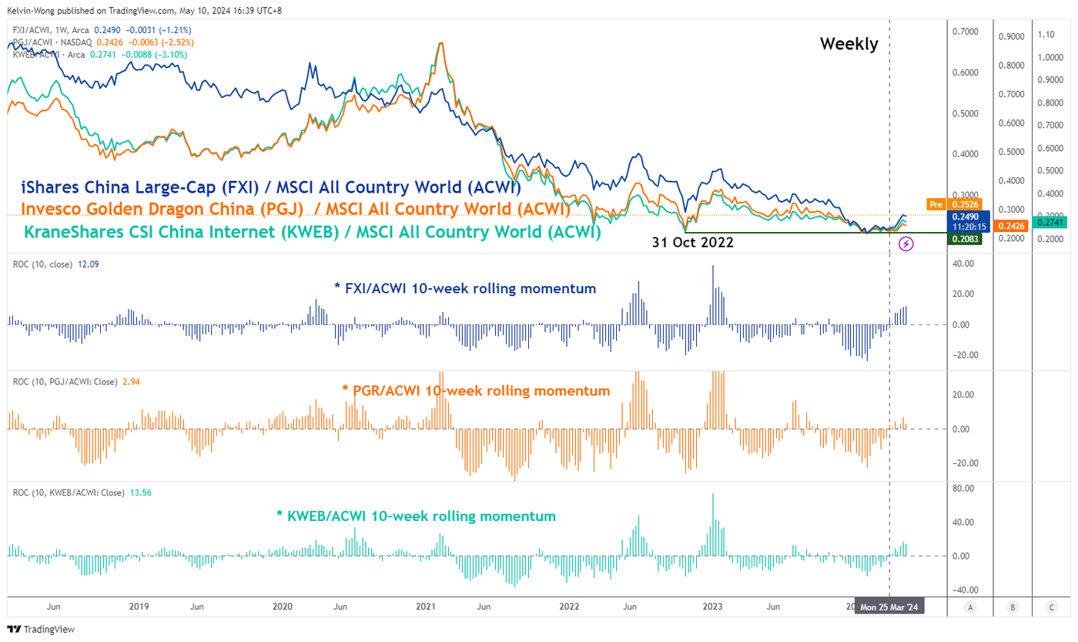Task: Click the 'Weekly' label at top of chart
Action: pyautogui.click(x=849, y=44)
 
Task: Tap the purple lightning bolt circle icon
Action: pyautogui.click(x=906, y=244)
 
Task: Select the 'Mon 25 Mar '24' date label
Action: pyautogui.click(x=889, y=607)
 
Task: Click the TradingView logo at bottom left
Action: pyautogui.click(x=42, y=629)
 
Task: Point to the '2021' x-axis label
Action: pyautogui.click(x=426, y=607)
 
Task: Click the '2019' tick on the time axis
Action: pyautogui.click(x=139, y=607)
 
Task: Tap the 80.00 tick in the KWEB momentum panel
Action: pyautogui.click(x=964, y=489)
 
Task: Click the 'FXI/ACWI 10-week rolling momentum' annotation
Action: pyautogui.click(x=465, y=289)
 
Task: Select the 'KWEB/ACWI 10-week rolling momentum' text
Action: pyautogui.click(x=416, y=516)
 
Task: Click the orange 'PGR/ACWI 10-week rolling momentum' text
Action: pyautogui.click(x=476, y=391)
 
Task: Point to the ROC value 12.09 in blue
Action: pyautogui.click(x=89, y=264)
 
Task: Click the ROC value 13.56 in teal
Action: pyautogui.click(x=140, y=492)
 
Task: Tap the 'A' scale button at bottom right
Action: pyautogui.click(x=970, y=607)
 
